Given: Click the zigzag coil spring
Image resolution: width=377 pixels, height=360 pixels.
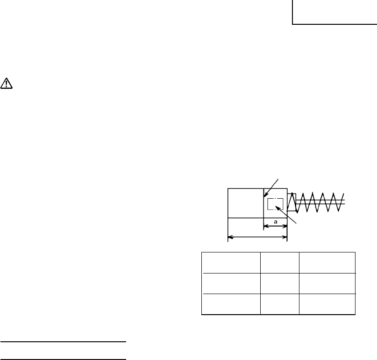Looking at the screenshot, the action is click(318, 202).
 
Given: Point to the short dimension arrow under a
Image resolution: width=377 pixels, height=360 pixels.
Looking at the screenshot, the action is click(275, 226).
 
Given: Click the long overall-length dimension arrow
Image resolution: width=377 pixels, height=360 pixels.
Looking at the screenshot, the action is click(257, 238).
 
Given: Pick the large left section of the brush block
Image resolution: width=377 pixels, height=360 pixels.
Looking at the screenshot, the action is click(245, 202).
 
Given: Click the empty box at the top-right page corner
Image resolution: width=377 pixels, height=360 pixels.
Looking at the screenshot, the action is click(334, 11).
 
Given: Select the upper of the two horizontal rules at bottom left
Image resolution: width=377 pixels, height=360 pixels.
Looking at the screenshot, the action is click(64, 342).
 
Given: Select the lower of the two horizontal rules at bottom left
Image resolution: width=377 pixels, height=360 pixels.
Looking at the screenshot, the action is click(64, 360).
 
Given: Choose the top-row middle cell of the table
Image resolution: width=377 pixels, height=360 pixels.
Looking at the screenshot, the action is click(279, 263).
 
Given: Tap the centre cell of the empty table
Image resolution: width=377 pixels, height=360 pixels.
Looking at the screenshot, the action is click(279, 284).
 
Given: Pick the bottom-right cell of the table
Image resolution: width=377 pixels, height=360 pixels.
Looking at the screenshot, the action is click(327, 305).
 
